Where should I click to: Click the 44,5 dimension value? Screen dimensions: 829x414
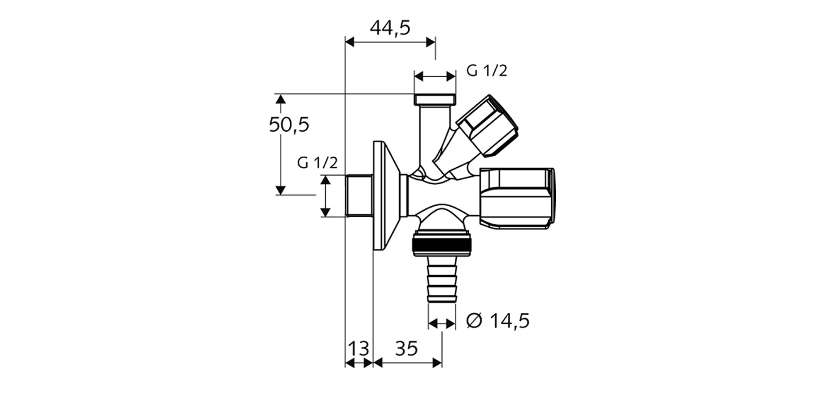pos(390,29)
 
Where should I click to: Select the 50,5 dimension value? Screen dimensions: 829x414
pos(289,125)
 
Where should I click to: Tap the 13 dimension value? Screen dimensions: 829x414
pos(359,349)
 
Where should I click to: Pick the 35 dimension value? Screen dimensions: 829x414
pos(406,349)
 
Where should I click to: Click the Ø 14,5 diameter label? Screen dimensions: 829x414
pos(498,321)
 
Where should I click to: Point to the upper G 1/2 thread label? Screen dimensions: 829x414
pos(487,71)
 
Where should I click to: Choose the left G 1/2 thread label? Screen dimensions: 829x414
pos(318,163)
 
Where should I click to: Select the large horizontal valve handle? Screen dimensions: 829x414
pos(516,198)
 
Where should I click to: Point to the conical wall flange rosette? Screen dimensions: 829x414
pos(387,196)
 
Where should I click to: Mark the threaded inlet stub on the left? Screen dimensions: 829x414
pos(359,196)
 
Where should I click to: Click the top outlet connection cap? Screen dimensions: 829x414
pos(435,99)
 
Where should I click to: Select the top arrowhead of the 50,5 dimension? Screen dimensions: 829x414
pos(281,99)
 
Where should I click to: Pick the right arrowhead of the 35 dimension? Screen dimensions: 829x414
pos(437,363)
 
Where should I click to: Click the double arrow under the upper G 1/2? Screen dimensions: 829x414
pos(435,76)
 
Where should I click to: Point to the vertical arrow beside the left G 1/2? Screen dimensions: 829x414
pos(325,196)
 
